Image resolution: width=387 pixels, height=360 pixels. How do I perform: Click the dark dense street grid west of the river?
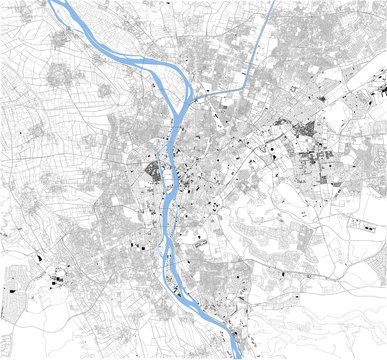[x=153, y=175]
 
